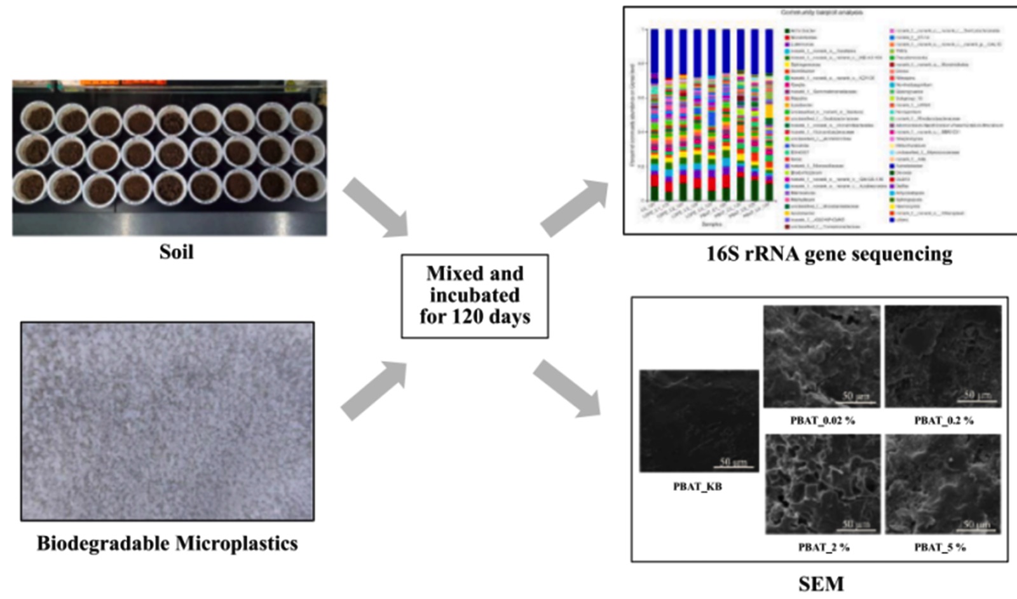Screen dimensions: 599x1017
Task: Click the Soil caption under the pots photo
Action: point(176,252)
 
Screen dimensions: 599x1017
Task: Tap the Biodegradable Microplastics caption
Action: point(167,543)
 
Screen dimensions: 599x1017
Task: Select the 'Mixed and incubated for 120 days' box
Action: point(474,296)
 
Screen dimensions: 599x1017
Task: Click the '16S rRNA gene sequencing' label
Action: point(829,254)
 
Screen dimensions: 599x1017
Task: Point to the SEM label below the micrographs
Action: point(821,584)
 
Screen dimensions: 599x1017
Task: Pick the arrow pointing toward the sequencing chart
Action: point(574,207)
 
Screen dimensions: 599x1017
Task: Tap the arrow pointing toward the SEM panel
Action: point(567,388)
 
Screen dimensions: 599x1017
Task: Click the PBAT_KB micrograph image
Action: point(699,420)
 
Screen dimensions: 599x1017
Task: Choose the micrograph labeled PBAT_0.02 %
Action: point(821,356)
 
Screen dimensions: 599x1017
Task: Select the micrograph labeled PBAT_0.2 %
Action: point(943,356)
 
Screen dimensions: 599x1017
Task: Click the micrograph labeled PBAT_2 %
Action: point(822,484)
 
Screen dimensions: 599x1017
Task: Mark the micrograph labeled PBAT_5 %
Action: point(943,484)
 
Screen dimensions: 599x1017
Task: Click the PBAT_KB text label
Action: point(697,487)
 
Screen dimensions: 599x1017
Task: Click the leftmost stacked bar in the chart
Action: point(654,114)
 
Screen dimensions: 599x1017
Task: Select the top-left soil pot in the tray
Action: point(37,119)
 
